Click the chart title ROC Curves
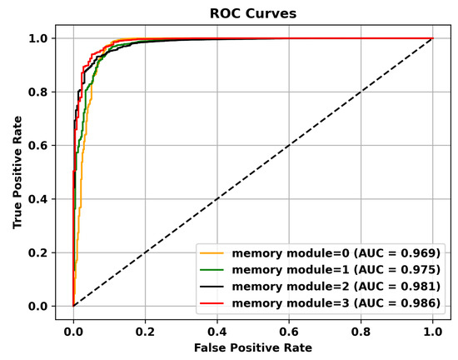(252, 12)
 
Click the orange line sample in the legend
(213, 251)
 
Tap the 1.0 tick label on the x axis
(432, 328)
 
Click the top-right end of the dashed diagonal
(432, 38)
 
